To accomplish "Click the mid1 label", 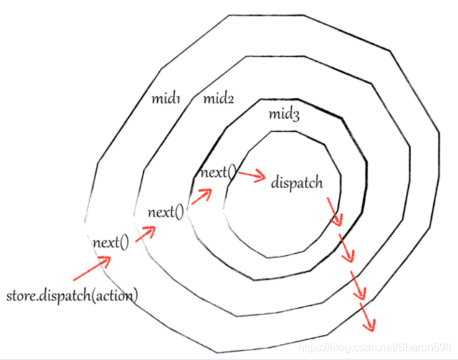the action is coord(165,99).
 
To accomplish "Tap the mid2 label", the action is coord(219,99).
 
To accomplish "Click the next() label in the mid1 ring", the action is coord(110,242).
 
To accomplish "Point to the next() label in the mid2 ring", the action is coord(166,212).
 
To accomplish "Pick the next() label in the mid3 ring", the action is coord(218,172).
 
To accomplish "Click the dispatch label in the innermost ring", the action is coord(296,183).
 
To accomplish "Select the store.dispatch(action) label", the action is coord(72,296).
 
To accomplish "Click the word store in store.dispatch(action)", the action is coord(21,296).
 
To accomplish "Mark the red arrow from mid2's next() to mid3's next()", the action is coord(201,196).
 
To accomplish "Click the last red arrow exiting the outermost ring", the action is coord(369,315).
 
